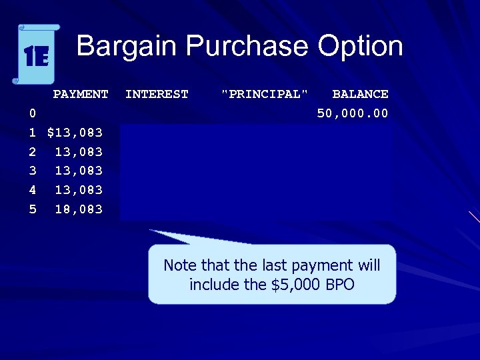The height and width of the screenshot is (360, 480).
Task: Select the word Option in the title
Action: click(x=360, y=47)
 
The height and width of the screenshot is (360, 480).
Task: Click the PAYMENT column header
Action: click(x=81, y=94)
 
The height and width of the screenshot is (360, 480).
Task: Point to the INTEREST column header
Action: click(x=157, y=94)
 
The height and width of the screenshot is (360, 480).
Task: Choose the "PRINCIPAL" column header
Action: click(x=265, y=94)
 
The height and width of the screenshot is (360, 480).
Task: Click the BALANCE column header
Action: click(x=360, y=94)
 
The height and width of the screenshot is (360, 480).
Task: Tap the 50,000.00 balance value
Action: click(x=353, y=113)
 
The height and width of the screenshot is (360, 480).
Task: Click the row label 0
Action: click(x=33, y=113)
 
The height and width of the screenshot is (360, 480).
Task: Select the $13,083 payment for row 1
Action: click(x=75, y=133)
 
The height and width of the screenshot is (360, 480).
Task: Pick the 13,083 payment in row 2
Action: click(x=79, y=152)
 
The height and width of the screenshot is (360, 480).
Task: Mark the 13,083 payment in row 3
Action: click(x=79, y=171)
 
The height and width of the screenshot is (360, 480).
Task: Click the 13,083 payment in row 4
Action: click(x=79, y=190)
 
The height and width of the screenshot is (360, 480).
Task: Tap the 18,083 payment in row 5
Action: click(x=79, y=209)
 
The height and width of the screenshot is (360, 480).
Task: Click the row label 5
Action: click(x=33, y=209)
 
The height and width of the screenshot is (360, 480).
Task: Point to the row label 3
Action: click(x=33, y=171)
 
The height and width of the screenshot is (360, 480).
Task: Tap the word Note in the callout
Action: click(x=180, y=265)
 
